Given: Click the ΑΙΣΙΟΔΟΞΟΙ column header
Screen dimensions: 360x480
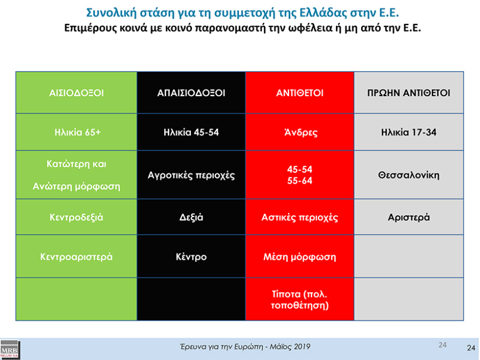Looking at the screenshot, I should (76, 93).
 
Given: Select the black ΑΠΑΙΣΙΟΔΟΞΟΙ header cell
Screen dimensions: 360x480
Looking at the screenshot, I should (191, 93).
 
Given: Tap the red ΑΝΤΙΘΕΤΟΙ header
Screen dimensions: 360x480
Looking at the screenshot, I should (299, 93).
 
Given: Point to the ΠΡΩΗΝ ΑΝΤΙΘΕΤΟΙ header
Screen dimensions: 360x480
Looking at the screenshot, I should (409, 93).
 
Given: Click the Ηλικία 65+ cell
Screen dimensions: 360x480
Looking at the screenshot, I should (76, 133).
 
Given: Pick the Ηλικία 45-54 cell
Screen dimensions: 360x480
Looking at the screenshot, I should (191, 133).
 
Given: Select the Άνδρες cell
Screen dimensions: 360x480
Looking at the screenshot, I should (299, 133).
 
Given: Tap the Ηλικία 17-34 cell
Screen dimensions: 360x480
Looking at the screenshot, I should (409, 133).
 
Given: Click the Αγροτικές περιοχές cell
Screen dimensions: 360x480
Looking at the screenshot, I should (191, 176).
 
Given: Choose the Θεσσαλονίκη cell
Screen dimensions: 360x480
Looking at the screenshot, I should (409, 176).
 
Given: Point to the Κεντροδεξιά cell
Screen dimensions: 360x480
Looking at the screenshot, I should (76, 217).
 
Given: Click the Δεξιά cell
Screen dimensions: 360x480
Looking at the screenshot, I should (191, 217).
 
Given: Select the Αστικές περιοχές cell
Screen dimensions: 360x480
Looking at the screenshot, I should (299, 217).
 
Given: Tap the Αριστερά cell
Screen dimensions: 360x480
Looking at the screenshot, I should (409, 217).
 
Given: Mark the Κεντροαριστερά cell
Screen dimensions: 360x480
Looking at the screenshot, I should (76, 256).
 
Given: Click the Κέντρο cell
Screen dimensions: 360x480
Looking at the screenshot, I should (191, 256).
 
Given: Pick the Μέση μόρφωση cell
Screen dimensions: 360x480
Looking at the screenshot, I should (299, 256).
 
